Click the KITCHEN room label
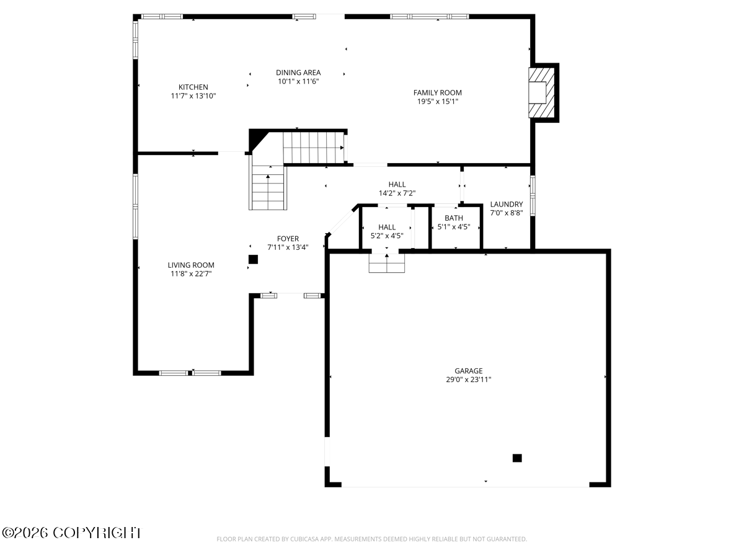(x=193, y=87)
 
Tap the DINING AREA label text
(x=298, y=73)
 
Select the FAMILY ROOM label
(x=437, y=92)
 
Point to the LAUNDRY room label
(x=506, y=204)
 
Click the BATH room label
(x=453, y=218)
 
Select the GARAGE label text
(x=468, y=371)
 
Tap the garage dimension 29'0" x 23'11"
(x=468, y=379)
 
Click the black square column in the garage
(x=516, y=458)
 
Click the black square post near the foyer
(x=253, y=259)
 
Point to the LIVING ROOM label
(x=191, y=265)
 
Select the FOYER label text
(x=288, y=239)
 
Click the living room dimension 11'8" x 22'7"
(x=191, y=273)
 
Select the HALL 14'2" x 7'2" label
(x=397, y=188)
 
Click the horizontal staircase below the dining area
(x=313, y=147)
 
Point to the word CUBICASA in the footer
(x=299, y=539)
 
